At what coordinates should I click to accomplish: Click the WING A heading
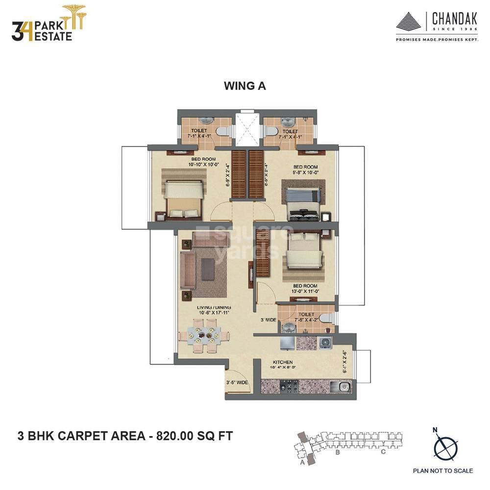click(x=245, y=86)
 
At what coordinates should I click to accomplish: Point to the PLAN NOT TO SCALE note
click(x=443, y=471)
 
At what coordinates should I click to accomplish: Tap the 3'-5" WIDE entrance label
click(x=237, y=383)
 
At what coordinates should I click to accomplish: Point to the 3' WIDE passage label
click(x=269, y=319)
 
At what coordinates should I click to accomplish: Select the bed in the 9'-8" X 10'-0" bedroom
click(x=303, y=202)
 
